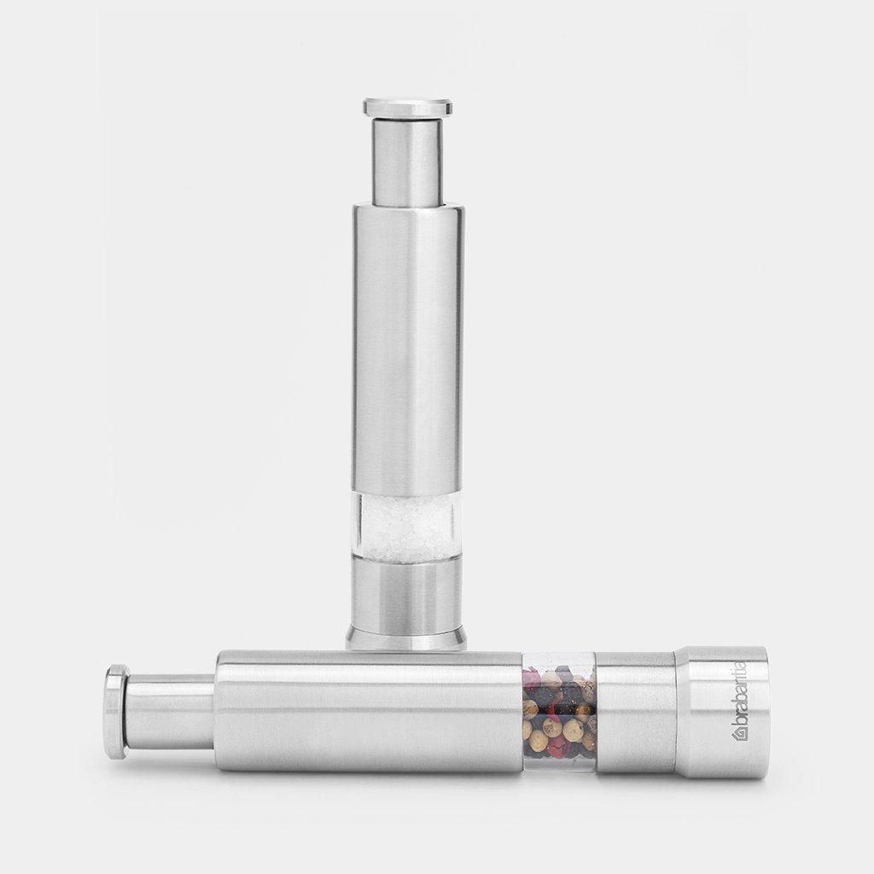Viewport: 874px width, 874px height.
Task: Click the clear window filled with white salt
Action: tap(407, 526)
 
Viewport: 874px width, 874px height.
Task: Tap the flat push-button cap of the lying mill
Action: tap(116, 711)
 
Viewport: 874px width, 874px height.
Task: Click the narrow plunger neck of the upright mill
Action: tap(407, 162)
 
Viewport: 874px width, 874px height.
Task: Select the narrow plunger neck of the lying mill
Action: tap(171, 711)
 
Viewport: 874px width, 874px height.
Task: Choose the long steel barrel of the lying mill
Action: tap(367, 710)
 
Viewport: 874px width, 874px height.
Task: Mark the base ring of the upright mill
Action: tap(406, 637)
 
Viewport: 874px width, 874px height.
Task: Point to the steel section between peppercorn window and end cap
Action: tap(635, 710)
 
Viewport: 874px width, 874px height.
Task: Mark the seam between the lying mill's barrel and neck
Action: tap(214, 711)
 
